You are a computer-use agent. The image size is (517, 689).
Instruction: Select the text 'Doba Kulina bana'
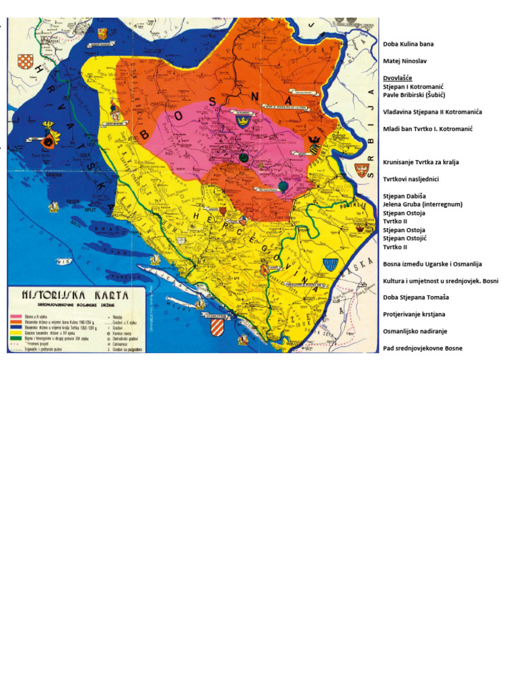[x=408, y=44]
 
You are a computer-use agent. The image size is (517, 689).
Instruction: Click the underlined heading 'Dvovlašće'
[x=397, y=78]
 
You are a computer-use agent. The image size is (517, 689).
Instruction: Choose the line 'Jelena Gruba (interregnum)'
[x=422, y=204]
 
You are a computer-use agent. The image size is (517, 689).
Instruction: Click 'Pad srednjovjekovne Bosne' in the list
[x=422, y=349]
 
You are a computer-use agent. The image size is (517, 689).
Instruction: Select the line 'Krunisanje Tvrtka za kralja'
[x=421, y=162]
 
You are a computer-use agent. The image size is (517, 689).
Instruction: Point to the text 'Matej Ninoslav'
[x=405, y=61]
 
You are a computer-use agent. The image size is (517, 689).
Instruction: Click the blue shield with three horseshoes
[x=330, y=264]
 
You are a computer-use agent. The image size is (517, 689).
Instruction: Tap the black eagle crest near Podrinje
[x=314, y=142]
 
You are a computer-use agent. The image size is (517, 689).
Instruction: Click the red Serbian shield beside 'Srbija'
[x=363, y=170]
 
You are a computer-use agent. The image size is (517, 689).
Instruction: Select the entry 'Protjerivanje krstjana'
[x=414, y=314]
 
